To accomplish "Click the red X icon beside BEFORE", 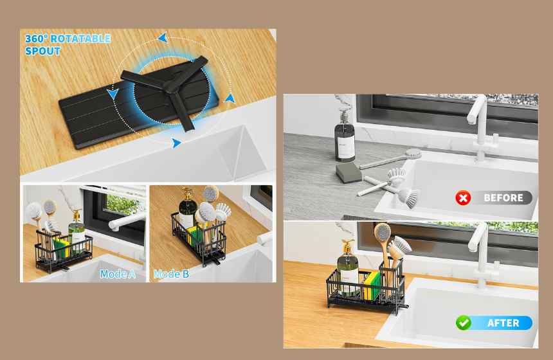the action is coord(463,198).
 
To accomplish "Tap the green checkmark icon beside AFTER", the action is coord(463,323).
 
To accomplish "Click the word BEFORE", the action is coord(503,198).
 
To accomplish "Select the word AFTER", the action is coord(503,323).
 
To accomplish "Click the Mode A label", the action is coord(118,274).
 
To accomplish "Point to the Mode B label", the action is coord(172,274).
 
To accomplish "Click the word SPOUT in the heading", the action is coord(42,51).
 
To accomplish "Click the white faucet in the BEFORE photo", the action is coord(480,127).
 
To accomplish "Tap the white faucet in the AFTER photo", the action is coord(482,255).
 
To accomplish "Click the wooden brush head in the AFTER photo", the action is coord(383,233).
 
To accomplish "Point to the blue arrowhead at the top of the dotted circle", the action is coord(163,37).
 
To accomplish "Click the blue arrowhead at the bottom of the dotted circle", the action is coord(176,143).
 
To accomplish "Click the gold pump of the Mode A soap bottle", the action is coord(77,214).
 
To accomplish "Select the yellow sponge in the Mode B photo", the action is coord(193,235).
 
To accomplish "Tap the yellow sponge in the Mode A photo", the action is coord(61,247).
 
